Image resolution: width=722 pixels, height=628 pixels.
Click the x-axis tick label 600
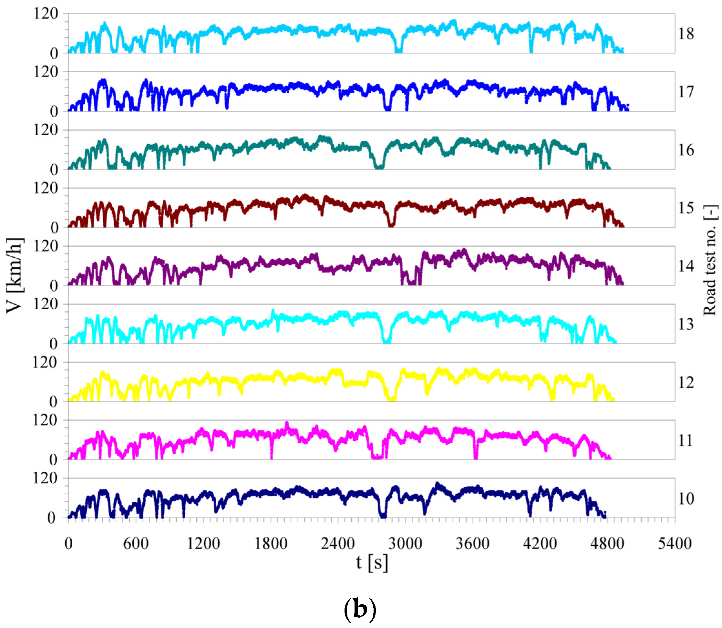[136, 543]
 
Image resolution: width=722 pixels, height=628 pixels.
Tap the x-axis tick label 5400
[674, 543]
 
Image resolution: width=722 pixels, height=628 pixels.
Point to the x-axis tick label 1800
[270, 543]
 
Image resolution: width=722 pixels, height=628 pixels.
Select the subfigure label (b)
[360, 609]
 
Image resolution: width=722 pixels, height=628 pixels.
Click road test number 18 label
[686, 34]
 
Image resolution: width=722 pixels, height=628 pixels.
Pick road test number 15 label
[686, 208]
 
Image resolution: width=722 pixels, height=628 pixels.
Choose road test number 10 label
[686, 499]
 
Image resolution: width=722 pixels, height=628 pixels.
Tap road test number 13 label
[686, 324]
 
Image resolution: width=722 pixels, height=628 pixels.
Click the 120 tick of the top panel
[46, 14]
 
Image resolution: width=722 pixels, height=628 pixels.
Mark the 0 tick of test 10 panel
[52, 518]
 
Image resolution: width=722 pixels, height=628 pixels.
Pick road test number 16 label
[686, 150]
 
